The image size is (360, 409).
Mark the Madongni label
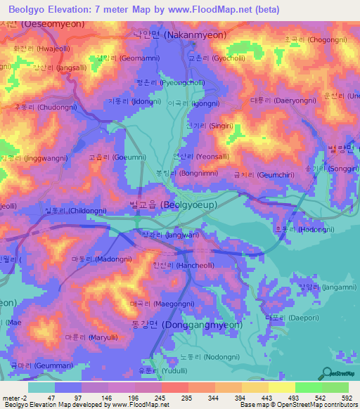(96, 259)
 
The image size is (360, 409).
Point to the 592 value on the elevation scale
(346, 398)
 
